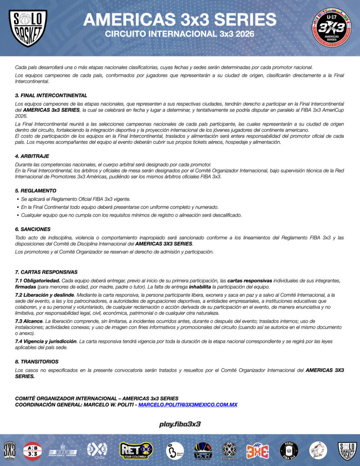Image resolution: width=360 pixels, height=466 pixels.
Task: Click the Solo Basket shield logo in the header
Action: [28, 28]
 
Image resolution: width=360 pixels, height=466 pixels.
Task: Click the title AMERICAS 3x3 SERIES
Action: [180, 20]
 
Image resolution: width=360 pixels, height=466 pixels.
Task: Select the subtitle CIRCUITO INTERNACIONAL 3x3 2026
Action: [180, 35]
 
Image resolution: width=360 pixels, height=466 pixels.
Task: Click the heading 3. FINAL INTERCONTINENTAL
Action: [51, 96]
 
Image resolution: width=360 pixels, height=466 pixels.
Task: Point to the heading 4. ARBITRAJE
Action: [32, 156]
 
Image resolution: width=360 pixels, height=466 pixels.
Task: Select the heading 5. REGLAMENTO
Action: [36, 191]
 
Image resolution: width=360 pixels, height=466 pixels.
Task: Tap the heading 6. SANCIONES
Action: [33, 229]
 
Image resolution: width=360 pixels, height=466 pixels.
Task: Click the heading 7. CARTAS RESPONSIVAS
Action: [46, 272]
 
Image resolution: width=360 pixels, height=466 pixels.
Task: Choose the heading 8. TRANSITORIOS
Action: [37, 361]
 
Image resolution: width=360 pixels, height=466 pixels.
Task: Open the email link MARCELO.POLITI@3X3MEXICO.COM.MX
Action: [188, 405]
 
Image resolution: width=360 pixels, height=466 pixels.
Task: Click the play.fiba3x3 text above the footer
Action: [180, 424]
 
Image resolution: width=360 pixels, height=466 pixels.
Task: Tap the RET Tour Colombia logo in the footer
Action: [136, 450]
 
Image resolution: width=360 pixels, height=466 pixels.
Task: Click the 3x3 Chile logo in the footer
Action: [97, 450]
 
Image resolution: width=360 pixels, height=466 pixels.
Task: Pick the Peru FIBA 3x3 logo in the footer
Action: [288, 450]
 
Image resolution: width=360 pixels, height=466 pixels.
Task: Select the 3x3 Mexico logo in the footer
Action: [229, 450]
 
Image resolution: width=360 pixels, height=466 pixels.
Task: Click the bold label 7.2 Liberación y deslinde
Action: [44, 295]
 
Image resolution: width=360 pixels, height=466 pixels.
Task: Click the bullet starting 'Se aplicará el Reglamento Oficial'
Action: [76, 199]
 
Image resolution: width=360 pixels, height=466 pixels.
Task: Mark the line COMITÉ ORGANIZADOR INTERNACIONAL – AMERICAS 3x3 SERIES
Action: [96, 399]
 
